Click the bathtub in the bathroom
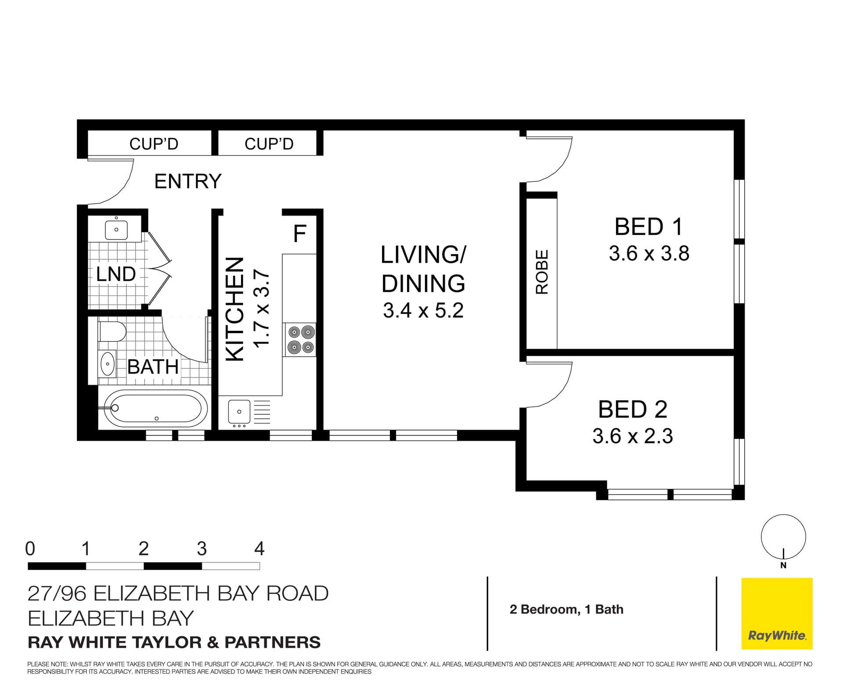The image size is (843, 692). point(156,409)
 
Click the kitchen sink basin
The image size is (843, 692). point(239,412)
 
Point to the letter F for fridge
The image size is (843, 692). point(299,234)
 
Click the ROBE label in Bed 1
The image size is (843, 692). point(542,272)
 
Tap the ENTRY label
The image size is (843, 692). point(188,181)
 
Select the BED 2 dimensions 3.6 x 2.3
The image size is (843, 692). point(632,436)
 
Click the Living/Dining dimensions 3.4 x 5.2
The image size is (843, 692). point(423,311)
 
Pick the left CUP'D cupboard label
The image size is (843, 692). point(154,144)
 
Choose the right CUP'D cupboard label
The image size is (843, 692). point(269,144)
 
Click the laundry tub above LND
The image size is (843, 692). point(116,230)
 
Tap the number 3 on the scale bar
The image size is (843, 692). point(202,549)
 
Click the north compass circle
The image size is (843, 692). point(783,537)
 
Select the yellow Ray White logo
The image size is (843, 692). point(777,613)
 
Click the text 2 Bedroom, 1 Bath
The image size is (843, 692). point(566,609)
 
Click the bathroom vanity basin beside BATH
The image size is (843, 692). point(107,364)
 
